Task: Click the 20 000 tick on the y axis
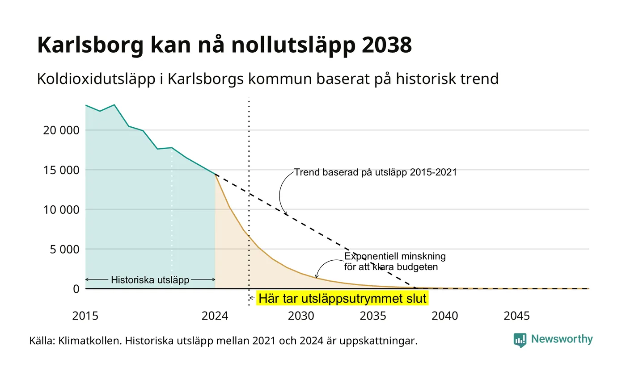click(61, 130)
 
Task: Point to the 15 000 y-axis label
click(61, 170)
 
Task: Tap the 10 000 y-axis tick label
click(61, 210)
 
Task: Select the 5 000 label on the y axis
click(64, 250)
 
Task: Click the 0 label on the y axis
click(76, 289)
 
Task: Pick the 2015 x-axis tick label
click(85, 316)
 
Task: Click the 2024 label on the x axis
click(215, 316)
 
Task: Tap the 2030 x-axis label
click(301, 316)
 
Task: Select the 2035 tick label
click(373, 316)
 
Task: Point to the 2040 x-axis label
click(445, 316)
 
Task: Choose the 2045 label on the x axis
click(517, 316)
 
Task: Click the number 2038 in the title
click(387, 45)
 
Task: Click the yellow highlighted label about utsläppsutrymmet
click(343, 298)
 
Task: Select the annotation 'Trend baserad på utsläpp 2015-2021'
click(375, 172)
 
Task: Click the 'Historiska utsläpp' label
click(150, 280)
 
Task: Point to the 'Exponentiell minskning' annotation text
click(395, 256)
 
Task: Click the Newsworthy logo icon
click(520, 340)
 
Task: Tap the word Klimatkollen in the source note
click(90, 341)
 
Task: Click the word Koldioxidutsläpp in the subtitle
click(96, 79)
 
